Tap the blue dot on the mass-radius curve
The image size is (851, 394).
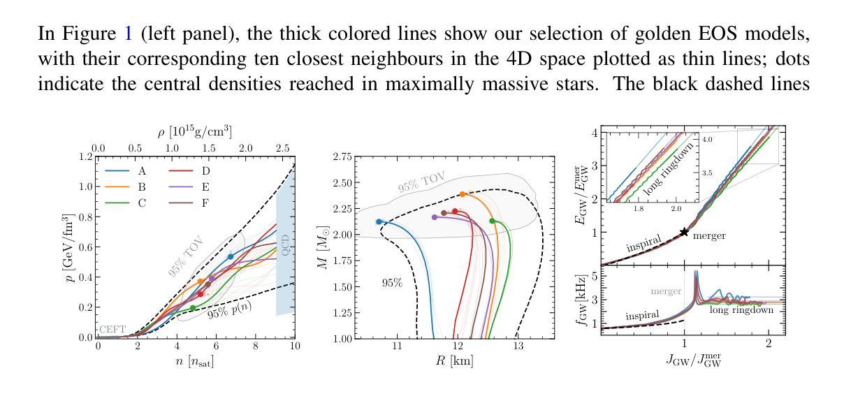pyautogui.click(x=379, y=221)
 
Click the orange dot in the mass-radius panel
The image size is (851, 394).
pyautogui.click(x=463, y=194)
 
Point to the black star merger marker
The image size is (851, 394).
pyautogui.click(x=685, y=233)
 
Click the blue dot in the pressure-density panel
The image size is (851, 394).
pyautogui.click(x=231, y=257)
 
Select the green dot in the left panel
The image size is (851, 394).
pyautogui.click(x=193, y=308)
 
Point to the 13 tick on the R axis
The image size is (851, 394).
pyautogui.click(x=518, y=346)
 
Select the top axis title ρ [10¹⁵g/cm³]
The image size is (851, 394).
pyautogui.click(x=195, y=131)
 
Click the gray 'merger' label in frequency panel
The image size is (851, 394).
pyautogui.click(x=666, y=291)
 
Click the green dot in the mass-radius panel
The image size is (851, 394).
pyautogui.click(x=493, y=221)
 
